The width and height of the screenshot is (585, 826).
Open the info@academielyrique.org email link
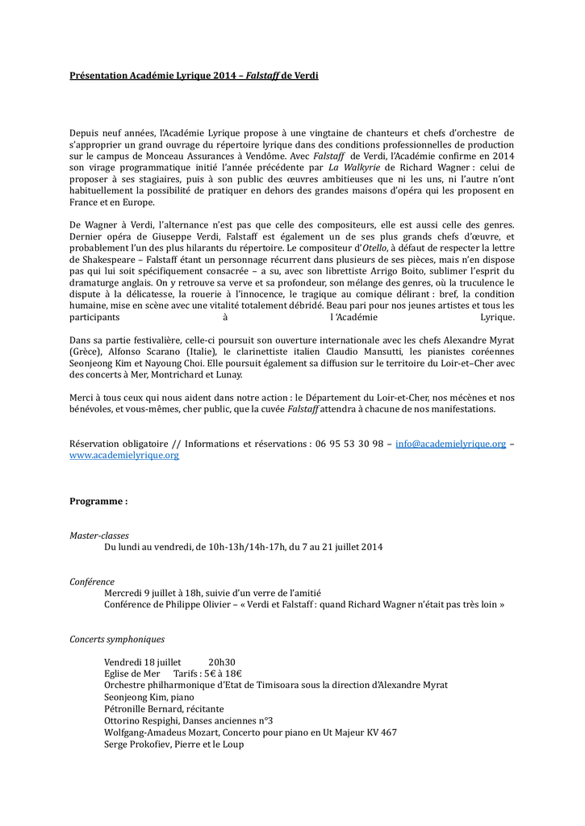(x=450, y=444)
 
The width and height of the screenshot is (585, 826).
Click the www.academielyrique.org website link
(x=124, y=455)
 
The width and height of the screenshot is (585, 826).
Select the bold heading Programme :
(x=98, y=501)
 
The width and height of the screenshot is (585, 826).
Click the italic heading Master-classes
(x=99, y=536)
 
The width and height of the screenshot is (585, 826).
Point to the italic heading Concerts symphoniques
(x=117, y=639)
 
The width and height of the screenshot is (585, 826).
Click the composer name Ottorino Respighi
(x=140, y=720)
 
